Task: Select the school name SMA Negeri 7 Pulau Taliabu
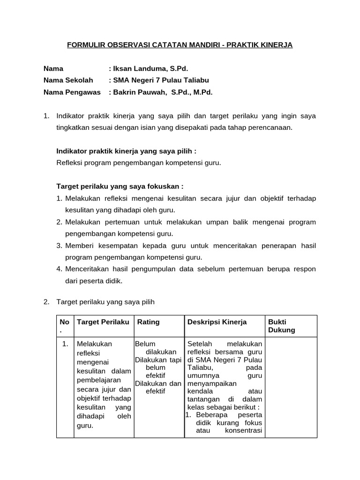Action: [x=159, y=80]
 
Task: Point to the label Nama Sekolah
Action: [x=68, y=80]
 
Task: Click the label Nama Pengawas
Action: [x=72, y=92]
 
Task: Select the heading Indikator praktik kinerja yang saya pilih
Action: [x=126, y=151]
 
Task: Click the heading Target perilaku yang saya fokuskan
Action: [x=120, y=186]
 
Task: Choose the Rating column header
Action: [x=148, y=322]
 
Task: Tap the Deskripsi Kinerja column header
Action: [x=217, y=322]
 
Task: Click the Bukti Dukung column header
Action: [x=281, y=326]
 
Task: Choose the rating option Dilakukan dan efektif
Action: [x=158, y=387]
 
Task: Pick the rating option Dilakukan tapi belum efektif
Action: [x=158, y=367]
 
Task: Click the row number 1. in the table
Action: [x=65, y=344]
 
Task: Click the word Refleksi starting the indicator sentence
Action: [x=69, y=163]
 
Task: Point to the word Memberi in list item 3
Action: [x=81, y=245]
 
